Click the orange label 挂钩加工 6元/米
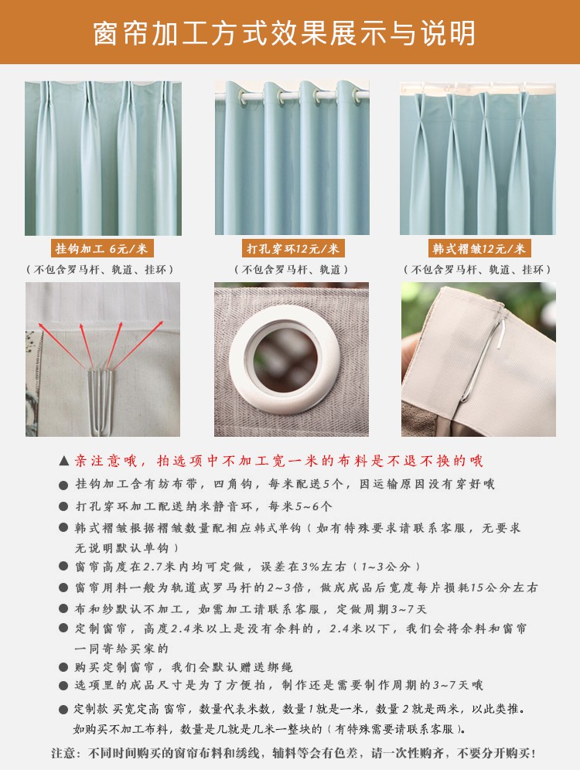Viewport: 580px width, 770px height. click(x=102, y=248)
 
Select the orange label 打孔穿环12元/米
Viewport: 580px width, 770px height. click(x=293, y=248)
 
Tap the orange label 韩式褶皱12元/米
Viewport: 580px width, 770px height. click(x=479, y=248)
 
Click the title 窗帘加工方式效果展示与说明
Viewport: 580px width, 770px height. click(x=285, y=33)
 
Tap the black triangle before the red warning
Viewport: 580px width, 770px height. click(x=64, y=461)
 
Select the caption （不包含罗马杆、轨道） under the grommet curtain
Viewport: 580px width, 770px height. click(x=292, y=270)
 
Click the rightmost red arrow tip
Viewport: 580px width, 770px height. click(x=162, y=322)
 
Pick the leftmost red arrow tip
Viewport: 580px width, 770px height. click(x=39, y=323)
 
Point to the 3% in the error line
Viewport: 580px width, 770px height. click(x=310, y=567)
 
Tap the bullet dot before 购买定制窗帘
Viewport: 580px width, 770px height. click(x=63, y=667)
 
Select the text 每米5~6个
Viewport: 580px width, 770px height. click(x=300, y=506)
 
